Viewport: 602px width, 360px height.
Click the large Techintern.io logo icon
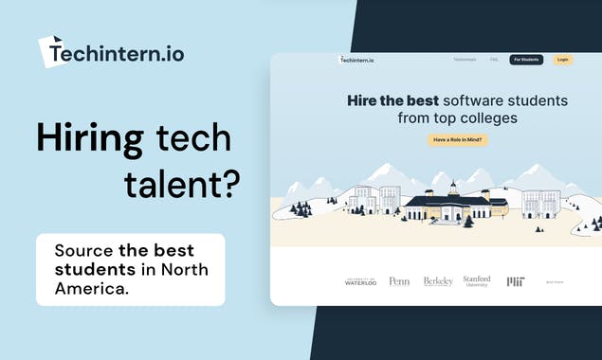53,51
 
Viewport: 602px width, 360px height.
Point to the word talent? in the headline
180,184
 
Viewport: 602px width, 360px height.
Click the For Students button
526,60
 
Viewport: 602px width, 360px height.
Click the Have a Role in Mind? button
457,140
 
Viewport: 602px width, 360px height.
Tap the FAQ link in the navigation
494,60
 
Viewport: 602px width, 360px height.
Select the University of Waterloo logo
360,281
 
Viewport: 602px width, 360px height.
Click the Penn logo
399,281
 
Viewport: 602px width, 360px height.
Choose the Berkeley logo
438,281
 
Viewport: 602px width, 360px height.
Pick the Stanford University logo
477,280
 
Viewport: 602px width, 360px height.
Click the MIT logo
516,281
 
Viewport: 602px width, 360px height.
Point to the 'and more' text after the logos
554,281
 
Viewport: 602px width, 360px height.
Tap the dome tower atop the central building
454,187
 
